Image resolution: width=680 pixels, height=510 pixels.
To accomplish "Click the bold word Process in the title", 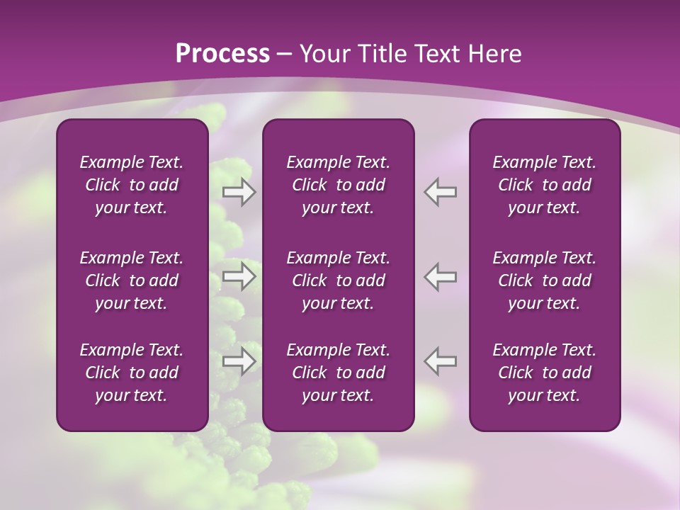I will [x=222, y=54].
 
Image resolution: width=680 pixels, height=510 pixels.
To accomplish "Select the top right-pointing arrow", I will [x=239, y=192].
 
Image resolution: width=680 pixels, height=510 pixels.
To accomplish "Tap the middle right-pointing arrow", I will [x=239, y=276].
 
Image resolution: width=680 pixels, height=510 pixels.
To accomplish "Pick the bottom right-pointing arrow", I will [x=239, y=361].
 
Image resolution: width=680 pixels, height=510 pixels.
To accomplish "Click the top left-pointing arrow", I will [x=441, y=192].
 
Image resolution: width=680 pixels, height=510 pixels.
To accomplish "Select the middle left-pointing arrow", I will [x=441, y=276].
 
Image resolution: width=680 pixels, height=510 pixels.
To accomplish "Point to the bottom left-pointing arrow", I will [x=441, y=361].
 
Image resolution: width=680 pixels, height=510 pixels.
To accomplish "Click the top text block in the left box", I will [x=132, y=185].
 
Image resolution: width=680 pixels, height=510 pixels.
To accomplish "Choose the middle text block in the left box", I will [x=132, y=280].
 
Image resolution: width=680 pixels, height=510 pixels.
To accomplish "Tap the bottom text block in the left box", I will [x=132, y=373].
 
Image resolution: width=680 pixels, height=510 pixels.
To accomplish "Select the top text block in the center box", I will [x=338, y=185].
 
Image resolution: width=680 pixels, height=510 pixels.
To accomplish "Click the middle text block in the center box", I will [x=338, y=280].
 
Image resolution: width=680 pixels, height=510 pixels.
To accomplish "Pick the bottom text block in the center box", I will [x=338, y=373].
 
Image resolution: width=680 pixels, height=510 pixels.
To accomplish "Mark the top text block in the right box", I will [x=544, y=185].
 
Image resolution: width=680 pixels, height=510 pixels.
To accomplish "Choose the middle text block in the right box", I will [x=544, y=280].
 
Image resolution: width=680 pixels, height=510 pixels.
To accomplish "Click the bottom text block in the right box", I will [x=544, y=373].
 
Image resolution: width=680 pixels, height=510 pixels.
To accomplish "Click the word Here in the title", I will [x=495, y=54].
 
